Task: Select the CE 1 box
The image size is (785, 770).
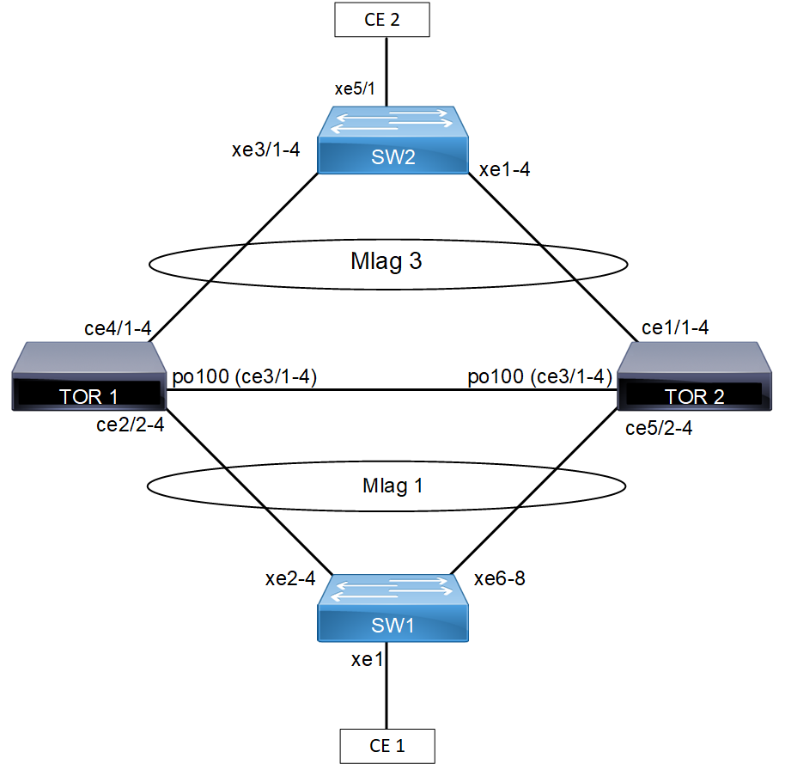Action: [x=386, y=745]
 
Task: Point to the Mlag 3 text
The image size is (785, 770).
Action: [x=386, y=260]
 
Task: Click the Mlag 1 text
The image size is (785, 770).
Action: [x=392, y=486]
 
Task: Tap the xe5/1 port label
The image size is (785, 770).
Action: [x=355, y=89]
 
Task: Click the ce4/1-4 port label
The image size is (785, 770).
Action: [x=120, y=328]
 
